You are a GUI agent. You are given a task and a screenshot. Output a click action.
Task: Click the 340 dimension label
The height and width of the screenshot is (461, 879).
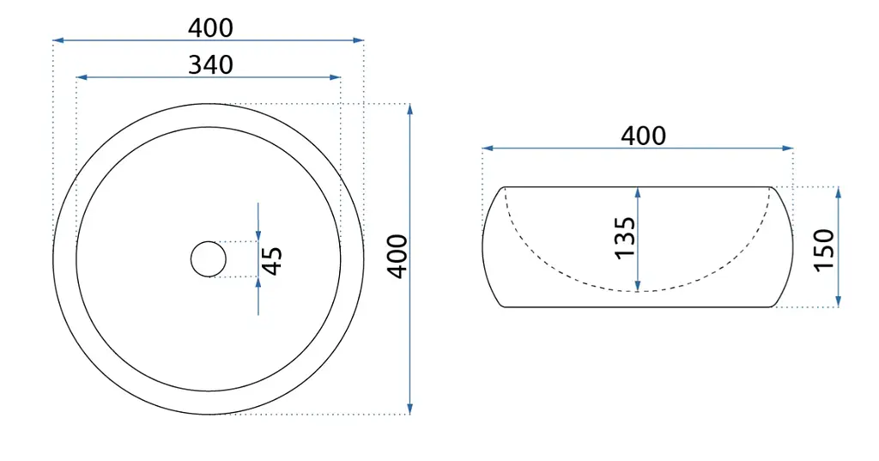pos(210,64)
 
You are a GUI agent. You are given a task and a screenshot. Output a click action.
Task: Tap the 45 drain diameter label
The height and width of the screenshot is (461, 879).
pos(272,261)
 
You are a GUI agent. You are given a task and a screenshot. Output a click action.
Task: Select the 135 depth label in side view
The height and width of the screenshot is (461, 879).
pos(625,238)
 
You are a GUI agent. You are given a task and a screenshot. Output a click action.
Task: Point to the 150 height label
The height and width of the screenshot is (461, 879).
pos(824,250)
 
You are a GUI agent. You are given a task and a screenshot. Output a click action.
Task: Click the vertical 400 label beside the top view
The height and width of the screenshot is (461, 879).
pos(397,257)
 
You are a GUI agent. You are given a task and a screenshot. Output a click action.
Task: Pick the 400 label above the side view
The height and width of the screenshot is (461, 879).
pos(643,136)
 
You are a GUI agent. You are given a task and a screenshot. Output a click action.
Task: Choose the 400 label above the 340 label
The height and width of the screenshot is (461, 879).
pos(210,27)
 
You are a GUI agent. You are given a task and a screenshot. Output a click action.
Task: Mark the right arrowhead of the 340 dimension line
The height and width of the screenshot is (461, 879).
pos(336,77)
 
